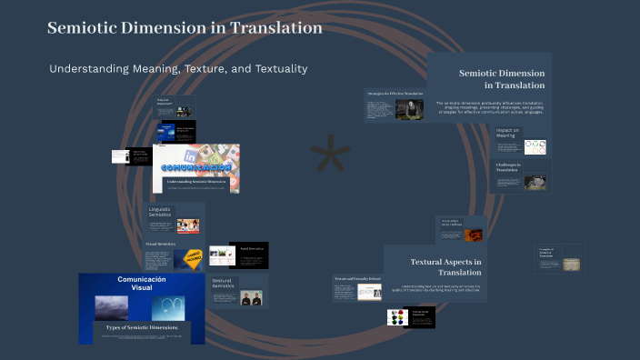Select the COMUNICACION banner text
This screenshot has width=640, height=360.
point(195,168)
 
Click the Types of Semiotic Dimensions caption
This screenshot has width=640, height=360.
point(141,326)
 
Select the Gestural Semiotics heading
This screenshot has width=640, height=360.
point(223,284)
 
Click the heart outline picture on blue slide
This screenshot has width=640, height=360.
point(169,307)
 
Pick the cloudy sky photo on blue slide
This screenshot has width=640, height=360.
point(117,307)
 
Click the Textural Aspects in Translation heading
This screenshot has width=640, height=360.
point(445,267)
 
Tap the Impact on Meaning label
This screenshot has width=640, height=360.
point(506,133)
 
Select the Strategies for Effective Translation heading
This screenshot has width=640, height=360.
point(394,94)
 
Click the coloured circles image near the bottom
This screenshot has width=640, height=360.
point(396,317)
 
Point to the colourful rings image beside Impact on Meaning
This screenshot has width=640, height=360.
point(535,146)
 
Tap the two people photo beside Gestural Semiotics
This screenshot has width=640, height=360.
point(253,297)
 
